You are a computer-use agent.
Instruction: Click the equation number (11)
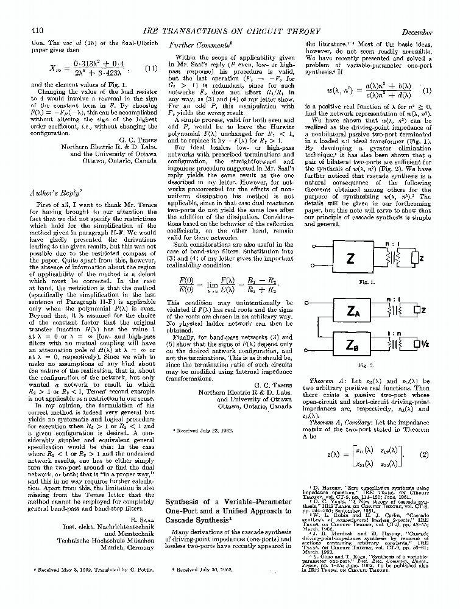click(150, 68)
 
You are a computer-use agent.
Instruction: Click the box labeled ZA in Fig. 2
click(351, 312)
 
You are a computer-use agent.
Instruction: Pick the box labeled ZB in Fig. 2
click(351, 344)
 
